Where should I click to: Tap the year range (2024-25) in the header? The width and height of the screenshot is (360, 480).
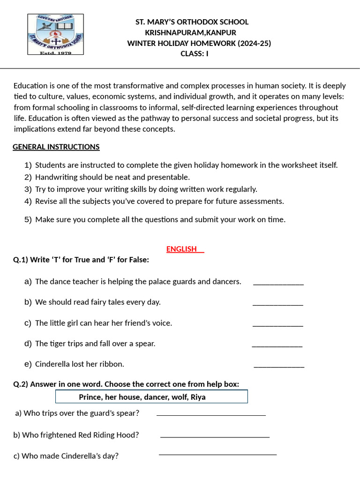point(254,44)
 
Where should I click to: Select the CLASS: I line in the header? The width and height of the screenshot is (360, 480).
point(195,53)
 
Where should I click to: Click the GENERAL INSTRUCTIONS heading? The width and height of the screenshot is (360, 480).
point(56,147)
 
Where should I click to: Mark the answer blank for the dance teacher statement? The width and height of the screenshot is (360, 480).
point(278,283)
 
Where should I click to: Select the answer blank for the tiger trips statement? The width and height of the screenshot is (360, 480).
point(277,345)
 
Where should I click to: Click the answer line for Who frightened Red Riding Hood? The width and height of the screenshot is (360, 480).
point(215,436)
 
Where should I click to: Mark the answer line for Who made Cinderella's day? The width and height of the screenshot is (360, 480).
point(217,453)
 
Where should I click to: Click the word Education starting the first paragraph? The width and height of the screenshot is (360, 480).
point(31,86)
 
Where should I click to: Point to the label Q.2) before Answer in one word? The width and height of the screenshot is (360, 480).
point(21,384)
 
